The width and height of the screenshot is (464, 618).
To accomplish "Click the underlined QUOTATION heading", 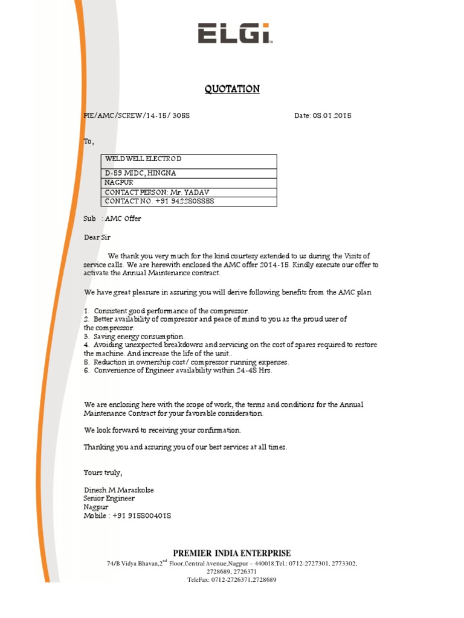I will (232, 89).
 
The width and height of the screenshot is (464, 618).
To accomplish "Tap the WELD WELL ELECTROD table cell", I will (143, 159).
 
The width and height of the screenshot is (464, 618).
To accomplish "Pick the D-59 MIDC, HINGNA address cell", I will (141, 173).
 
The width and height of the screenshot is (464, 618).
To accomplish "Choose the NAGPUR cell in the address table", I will (119, 182).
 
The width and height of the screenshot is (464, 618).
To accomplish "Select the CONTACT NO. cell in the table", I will (159, 201).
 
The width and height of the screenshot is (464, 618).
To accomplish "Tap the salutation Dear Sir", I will (97, 237).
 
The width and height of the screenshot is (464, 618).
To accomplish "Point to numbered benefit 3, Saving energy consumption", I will (134, 336).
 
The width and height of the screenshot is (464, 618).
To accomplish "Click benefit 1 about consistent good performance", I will (166, 310).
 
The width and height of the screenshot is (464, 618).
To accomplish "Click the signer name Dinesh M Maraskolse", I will (118, 490).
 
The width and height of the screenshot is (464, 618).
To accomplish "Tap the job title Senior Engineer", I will (109, 499).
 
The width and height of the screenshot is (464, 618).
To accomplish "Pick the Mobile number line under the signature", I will (127, 516).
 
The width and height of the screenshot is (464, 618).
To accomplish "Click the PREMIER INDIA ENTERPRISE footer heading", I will (232, 553).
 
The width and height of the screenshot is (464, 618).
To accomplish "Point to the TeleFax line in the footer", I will (232, 579).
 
